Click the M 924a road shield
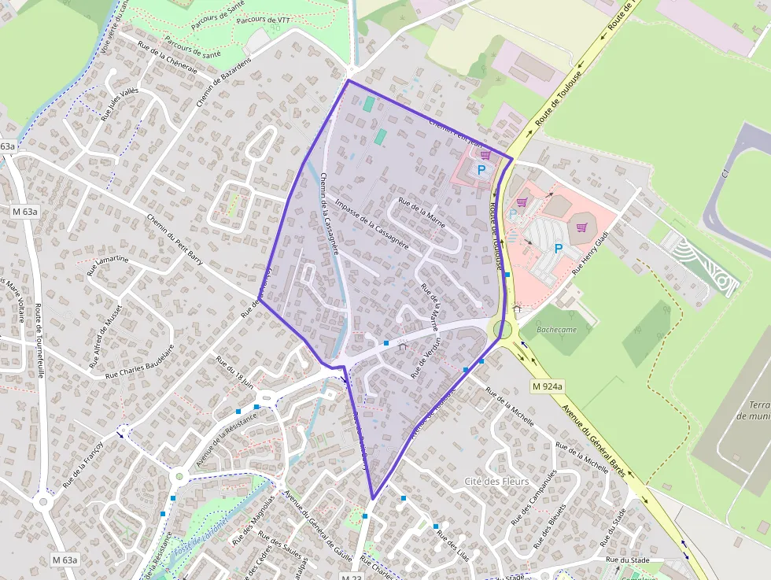547,386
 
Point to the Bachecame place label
556,330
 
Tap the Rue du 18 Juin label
234,371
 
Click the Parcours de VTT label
263,20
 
